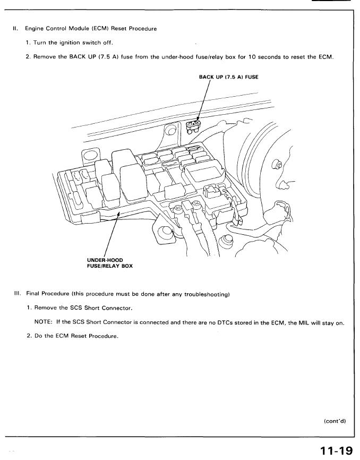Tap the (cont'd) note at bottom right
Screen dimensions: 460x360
(x=334, y=421)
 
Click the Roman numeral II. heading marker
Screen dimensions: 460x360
(x=15, y=28)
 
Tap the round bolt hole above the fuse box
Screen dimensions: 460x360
(x=170, y=130)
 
